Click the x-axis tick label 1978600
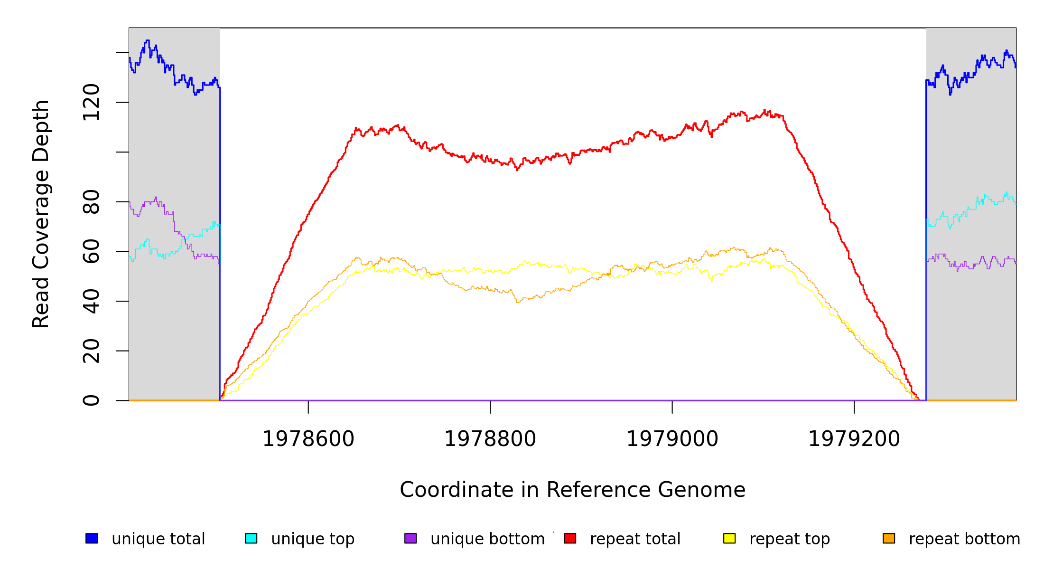(308, 439)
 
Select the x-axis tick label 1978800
(490, 439)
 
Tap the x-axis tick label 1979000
(672, 439)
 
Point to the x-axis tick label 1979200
(854, 439)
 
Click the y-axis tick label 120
(91, 102)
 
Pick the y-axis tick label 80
(91, 202)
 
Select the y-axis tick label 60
(91, 251)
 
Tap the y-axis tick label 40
(91, 301)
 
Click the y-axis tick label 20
(91, 351)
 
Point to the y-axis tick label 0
(91, 400)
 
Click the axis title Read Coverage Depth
(41, 214)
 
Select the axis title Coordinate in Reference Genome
(572, 490)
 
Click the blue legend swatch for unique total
(92, 538)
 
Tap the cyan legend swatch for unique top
(251, 538)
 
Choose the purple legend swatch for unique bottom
(410, 538)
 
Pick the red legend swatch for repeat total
(570, 538)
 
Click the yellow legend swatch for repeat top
(729, 538)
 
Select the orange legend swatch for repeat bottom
(889, 538)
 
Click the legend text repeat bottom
(964, 539)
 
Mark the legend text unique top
(313, 539)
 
